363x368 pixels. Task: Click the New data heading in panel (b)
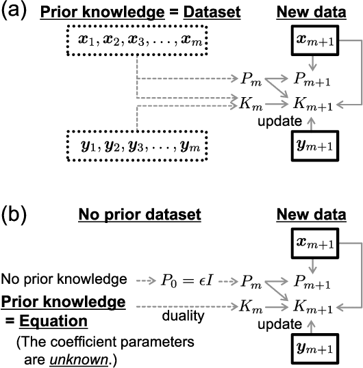[312, 215]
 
